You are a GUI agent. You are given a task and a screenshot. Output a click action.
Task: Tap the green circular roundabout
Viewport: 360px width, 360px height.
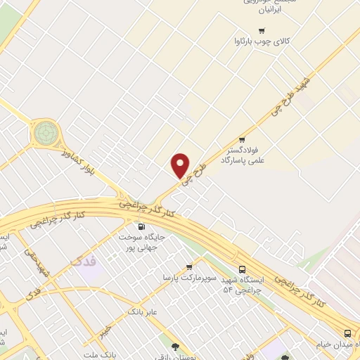(x=46, y=130)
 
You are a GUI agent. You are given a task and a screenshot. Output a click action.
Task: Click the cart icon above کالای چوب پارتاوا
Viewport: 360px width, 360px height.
(x=262, y=30)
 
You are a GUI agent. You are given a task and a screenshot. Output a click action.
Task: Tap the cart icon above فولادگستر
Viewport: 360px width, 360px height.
(x=242, y=139)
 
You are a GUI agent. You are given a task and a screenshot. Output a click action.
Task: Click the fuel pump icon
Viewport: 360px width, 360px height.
(x=141, y=226)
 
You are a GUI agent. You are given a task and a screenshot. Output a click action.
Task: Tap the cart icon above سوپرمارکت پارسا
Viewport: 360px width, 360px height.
(x=189, y=266)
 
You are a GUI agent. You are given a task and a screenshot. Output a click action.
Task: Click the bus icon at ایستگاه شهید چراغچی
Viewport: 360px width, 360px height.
(x=243, y=269)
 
